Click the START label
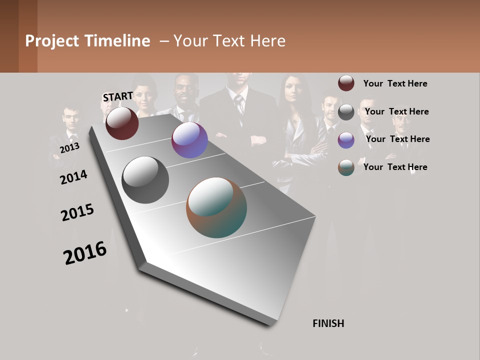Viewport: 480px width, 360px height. point(118,96)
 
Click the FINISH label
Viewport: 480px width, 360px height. point(328,323)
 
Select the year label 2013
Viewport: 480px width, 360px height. point(69,148)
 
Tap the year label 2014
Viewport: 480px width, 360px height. point(73,177)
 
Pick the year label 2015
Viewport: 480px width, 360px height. point(77,212)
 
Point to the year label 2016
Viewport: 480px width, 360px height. point(85,252)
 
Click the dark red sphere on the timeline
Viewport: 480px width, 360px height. point(122,123)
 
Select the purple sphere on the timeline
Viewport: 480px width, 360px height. point(189,140)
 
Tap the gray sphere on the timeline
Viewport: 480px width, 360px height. point(145,180)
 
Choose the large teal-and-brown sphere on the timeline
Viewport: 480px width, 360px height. point(216,207)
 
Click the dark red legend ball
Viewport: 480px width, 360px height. point(346,83)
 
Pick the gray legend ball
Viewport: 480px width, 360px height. point(346,112)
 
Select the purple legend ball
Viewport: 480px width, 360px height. point(346,140)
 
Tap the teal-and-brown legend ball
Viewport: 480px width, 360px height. point(346,167)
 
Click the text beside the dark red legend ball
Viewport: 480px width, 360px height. point(395,83)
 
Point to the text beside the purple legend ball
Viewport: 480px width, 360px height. point(397,139)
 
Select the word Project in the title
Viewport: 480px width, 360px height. point(52,41)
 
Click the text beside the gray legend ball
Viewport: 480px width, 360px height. point(396,111)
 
